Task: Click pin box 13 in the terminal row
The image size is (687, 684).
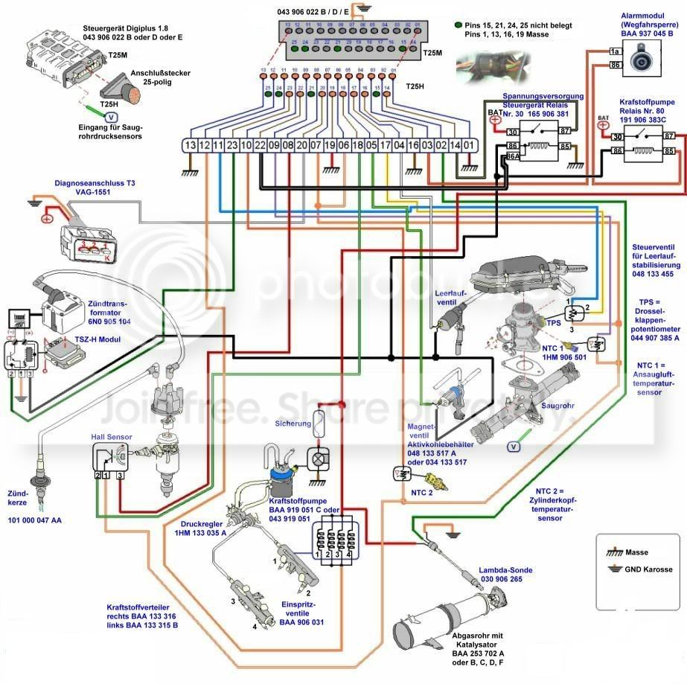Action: (192, 146)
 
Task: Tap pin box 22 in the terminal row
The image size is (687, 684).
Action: (240, 146)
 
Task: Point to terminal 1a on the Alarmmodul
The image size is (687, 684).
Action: (615, 51)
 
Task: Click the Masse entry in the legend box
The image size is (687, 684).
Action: (637, 552)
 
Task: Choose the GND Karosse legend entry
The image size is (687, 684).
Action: (645, 569)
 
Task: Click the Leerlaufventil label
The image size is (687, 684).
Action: (450, 298)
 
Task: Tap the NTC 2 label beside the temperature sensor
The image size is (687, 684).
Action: (421, 492)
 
